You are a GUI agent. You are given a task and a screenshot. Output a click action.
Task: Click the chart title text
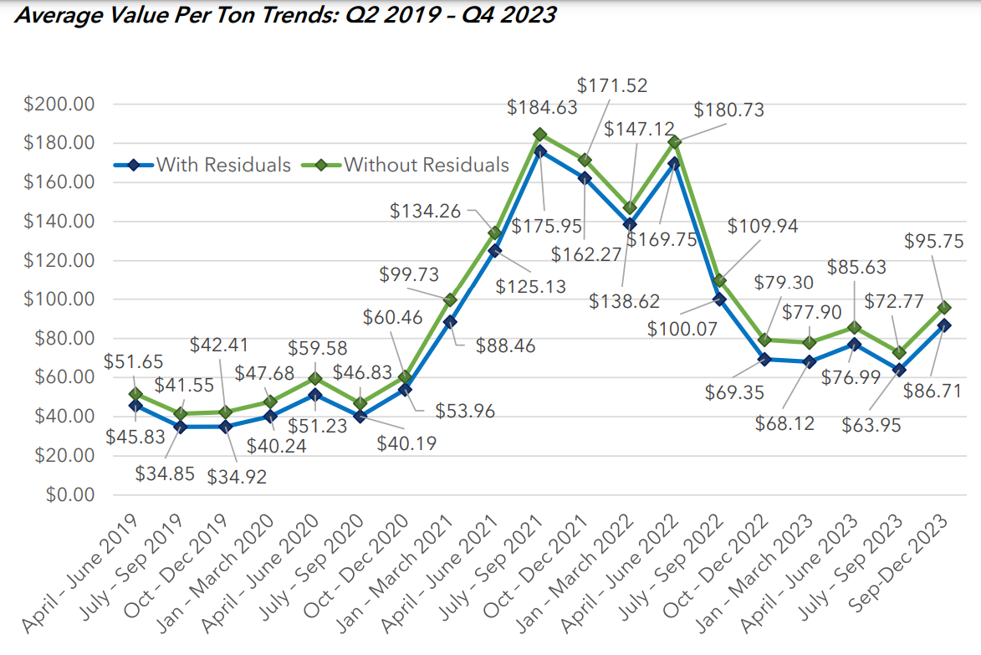coord(285,15)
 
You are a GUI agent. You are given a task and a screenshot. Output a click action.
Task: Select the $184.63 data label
coord(541,107)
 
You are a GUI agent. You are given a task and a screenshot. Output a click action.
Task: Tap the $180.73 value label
coord(728,110)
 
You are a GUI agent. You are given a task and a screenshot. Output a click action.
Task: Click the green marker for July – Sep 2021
coord(539,135)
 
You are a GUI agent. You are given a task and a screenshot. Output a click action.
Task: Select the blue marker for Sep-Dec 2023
coord(944,325)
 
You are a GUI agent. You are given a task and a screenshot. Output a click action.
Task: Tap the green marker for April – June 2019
coord(135,394)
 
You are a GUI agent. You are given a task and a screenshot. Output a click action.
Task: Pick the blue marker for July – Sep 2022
coord(719,299)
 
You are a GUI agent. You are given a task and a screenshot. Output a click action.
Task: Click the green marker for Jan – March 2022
coord(630,207)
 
